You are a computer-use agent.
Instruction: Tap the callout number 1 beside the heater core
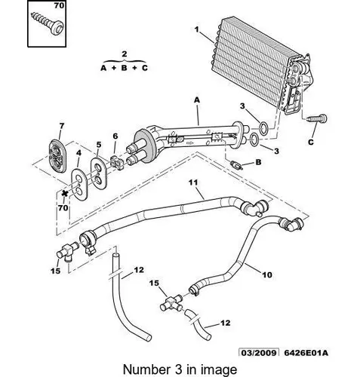tap(197, 29)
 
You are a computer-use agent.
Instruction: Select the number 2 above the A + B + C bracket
tap(125, 54)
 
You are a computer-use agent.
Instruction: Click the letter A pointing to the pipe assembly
tap(197, 100)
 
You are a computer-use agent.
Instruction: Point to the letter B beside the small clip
tap(258, 162)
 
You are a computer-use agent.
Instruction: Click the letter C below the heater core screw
tap(311, 142)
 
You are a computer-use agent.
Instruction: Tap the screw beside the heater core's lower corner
tap(317, 118)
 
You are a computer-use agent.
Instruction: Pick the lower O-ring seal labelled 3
tap(254, 139)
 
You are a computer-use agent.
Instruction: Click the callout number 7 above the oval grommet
tap(62, 126)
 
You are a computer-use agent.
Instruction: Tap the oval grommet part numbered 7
tap(57, 156)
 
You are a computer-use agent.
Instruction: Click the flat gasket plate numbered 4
tap(79, 185)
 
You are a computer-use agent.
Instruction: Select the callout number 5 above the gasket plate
tap(99, 145)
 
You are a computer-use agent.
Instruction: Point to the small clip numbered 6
tap(116, 163)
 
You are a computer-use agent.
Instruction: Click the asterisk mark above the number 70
tap(65, 194)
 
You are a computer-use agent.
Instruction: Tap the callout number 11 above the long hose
tap(193, 182)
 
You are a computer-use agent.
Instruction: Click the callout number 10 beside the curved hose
tap(267, 274)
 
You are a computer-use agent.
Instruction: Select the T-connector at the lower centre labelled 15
tap(172, 302)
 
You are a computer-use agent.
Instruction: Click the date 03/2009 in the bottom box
tap(259, 353)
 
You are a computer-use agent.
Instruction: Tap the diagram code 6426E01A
tap(306, 353)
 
